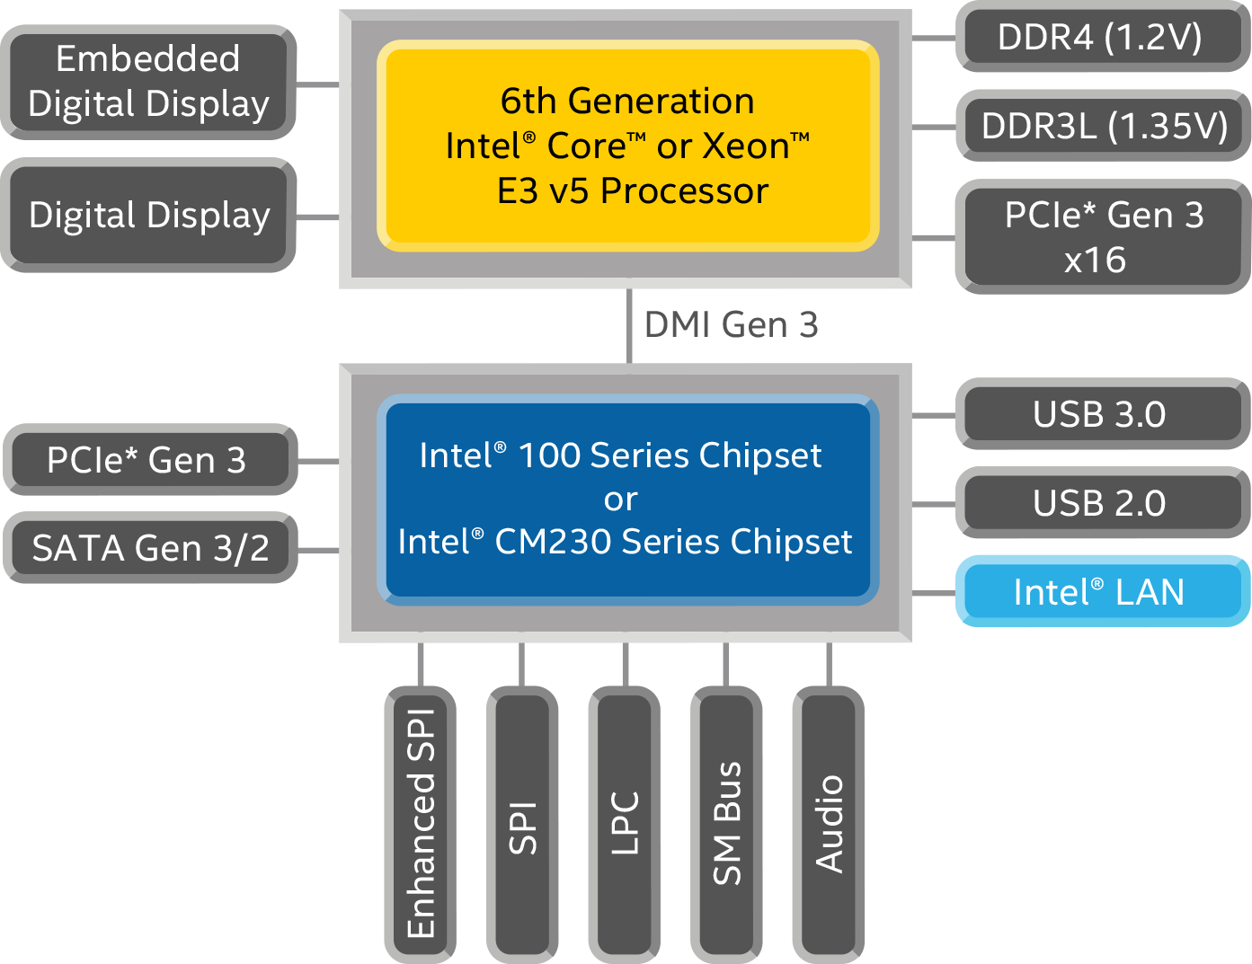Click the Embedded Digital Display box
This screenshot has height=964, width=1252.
click(148, 82)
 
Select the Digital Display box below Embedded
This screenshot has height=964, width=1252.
click(148, 216)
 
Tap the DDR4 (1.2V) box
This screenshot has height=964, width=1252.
click(1101, 38)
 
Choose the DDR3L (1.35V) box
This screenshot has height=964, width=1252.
click(1104, 126)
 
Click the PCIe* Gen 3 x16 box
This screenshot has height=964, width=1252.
click(1102, 237)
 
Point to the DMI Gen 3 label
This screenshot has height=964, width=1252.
click(731, 325)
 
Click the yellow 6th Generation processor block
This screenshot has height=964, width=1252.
click(627, 146)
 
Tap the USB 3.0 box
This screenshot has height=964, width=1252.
click(1100, 414)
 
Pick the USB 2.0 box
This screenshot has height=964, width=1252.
click(1100, 503)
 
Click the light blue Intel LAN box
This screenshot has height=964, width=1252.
click(1100, 592)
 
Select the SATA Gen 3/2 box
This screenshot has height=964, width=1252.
click(150, 548)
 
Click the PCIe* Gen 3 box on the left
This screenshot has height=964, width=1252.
click(148, 460)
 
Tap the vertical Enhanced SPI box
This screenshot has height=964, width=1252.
click(421, 823)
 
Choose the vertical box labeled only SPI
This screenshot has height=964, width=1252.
click(522, 823)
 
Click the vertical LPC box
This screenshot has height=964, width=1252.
click(625, 823)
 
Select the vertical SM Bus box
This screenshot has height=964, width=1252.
click(726, 823)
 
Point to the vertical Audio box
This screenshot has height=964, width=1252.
click(829, 823)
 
